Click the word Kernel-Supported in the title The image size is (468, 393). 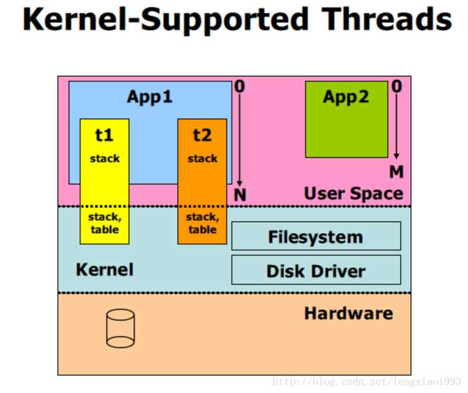pos(165,20)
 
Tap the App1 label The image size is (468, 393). pos(149,97)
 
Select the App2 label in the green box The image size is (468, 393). pos(346,97)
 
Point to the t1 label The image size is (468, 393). pos(104,135)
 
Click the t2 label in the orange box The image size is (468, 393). pos(202,135)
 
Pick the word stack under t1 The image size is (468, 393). pos(105,158)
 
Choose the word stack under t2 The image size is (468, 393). pos(202,158)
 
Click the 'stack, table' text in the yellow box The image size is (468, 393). pos(105,223)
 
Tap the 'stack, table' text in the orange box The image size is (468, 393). pos(202,223)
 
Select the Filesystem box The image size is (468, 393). pos(316,236)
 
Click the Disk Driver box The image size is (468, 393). pos(316,270)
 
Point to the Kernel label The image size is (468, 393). pos(105,270)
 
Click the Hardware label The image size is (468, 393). pos(348,313)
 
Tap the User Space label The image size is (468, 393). pos(354,194)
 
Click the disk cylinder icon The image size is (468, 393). pos(120,328)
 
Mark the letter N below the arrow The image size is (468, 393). pos(240,196)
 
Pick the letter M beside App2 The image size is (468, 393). pos(396,172)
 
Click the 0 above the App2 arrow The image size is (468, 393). pos(396,86)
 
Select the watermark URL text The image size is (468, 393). pos(367,381)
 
